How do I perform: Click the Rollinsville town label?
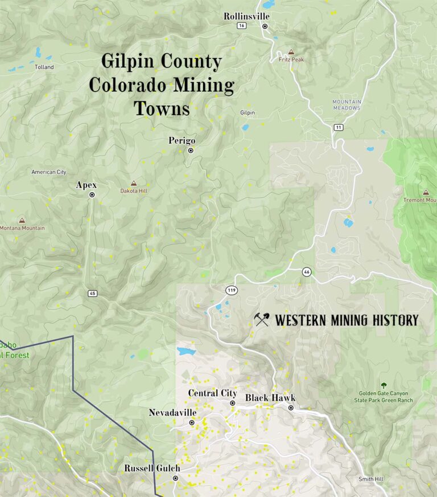[246, 16]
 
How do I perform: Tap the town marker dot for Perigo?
[191, 150]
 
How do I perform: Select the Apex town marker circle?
[92, 195]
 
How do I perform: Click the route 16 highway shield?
[242, 26]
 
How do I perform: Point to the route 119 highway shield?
[232, 290]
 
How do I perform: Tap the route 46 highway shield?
[307, 271]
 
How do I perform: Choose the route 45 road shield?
[92, 293]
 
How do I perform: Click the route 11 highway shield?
[339, 127]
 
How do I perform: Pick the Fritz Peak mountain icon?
[291, 51]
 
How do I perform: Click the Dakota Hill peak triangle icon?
[134, 184]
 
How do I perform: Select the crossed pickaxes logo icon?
[262, 320]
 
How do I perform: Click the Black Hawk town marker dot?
[291, 408]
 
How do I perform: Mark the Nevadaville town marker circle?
[192, 423]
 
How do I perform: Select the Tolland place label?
[44, 67]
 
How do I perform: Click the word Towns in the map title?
[162, 108]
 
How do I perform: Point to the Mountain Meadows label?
[347, 105]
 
